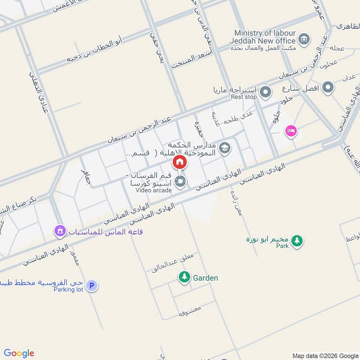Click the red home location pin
click(180, 162)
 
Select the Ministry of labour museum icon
click(305, 38)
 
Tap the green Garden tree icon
click(184, 277)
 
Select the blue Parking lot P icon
click(92, 285)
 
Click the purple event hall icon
click(59, 231)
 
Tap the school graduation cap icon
click(225, 147)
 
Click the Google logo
click(19, 353)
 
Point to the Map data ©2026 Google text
click(324, 355)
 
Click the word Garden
click(205, 278)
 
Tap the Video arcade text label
click(153, 190)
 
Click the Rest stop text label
click(244, 97)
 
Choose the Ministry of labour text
click(265, 33)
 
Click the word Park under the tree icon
click(282, 246)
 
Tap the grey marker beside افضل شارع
click(328, 87)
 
